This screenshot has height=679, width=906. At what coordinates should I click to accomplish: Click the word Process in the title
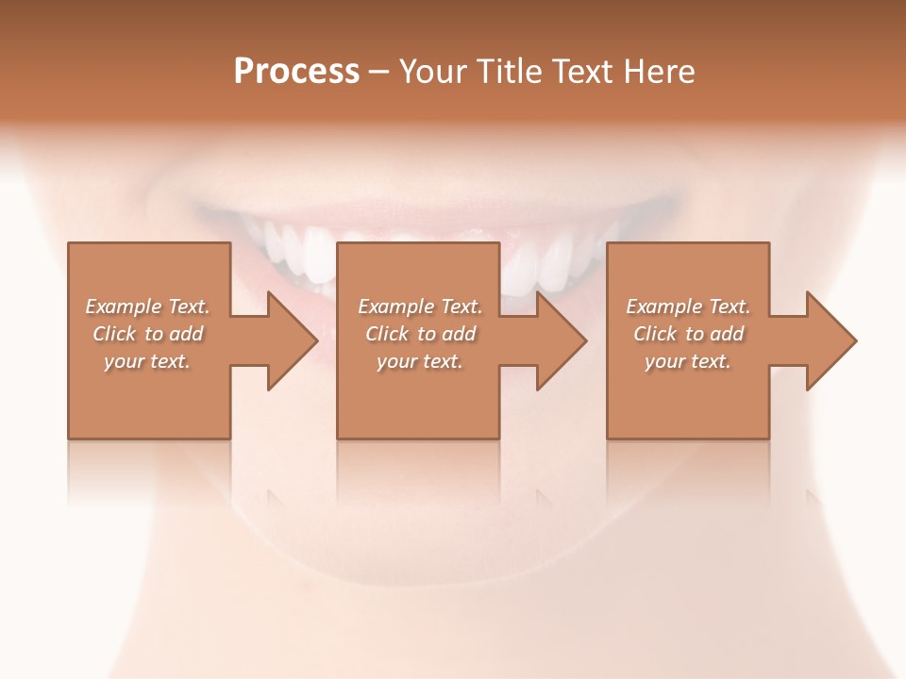pos(296,72)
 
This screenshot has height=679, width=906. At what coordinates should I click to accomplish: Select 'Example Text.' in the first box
pos(147,306)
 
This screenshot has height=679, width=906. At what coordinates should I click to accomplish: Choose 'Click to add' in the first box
pos(147,334)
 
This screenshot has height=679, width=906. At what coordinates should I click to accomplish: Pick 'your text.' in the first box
pos(147,361)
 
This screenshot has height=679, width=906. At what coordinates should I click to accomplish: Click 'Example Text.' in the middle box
pos(419,306)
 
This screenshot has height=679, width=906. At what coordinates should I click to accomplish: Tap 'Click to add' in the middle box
pos(419,334)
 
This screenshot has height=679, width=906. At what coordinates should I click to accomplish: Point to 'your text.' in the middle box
pos(419,361)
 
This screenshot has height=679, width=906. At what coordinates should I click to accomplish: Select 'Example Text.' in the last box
pos(688,306)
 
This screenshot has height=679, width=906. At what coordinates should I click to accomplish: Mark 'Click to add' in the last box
pos(688,334)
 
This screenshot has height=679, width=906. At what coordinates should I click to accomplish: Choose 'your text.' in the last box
pos(688,361)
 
